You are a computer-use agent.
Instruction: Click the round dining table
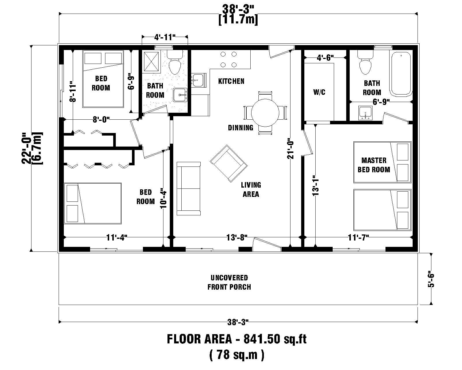265,113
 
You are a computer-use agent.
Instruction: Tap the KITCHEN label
231,81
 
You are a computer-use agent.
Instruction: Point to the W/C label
319,92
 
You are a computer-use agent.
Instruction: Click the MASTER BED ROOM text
374,165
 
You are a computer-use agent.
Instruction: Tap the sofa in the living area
189,188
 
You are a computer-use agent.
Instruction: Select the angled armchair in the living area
229,163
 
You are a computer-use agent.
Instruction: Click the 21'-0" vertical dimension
290,149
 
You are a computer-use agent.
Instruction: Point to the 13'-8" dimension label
237,238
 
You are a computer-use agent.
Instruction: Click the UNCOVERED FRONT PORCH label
229,282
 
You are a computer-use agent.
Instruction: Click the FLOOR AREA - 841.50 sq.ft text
236,339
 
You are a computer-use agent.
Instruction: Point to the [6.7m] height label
39,148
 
